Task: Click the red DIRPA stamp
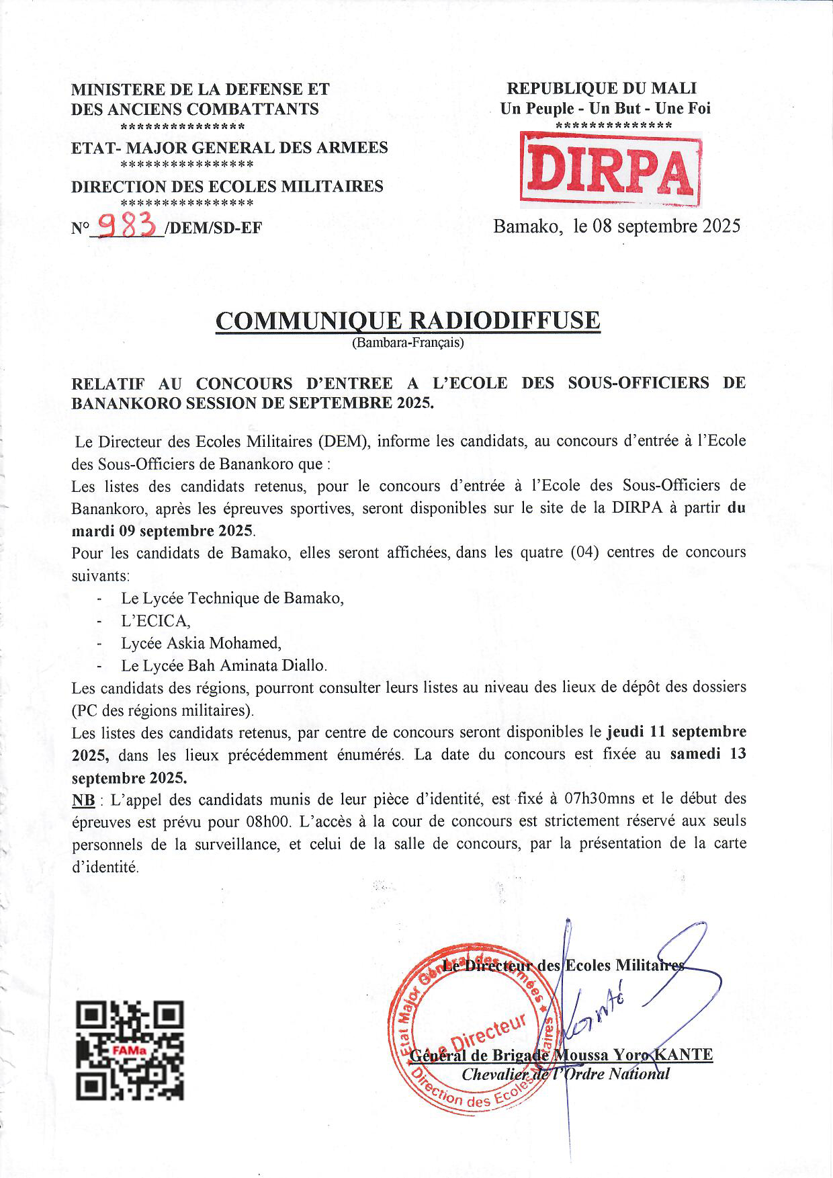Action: click(x=610, y=169)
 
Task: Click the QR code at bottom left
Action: click(x=130, y=1050)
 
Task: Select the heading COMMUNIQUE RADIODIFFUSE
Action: click(x=407, y=321)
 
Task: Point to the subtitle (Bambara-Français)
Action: click(x=407, y=343)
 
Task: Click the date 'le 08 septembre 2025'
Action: click(x=656, y=226)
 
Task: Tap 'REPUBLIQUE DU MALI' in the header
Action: click(x=601, y=88)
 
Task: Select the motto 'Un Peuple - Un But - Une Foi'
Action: click(x=605, y=108)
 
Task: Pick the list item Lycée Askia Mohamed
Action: click(x=201, y=643)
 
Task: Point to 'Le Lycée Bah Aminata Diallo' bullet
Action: click(x=224, y=666)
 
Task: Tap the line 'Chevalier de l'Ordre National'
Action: click(x=566, y=1074)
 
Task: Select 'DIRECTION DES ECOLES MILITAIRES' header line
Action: click(x=227, y=186)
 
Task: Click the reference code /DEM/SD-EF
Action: click(x=213, y=228)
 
